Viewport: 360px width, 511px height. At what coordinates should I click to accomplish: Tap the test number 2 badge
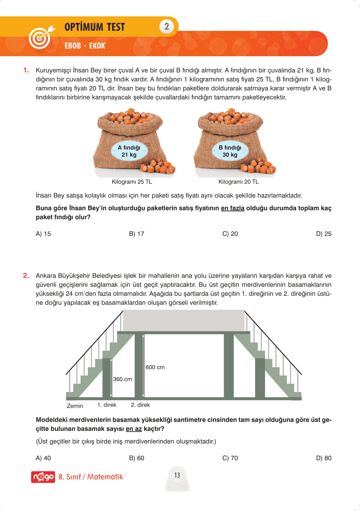(167, 27)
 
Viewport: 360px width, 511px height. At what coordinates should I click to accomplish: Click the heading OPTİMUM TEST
(95, 27)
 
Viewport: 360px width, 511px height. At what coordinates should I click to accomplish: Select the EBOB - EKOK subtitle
(85, 46)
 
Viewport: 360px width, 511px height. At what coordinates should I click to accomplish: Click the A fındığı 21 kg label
(129, 151)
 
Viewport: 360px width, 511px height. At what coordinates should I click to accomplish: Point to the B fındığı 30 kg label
(230, 151)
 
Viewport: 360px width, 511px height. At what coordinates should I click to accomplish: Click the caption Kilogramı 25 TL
(132, 182)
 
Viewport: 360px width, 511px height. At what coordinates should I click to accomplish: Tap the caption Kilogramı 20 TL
(238, 182)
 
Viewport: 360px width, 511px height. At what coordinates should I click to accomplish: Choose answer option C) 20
(230, 234)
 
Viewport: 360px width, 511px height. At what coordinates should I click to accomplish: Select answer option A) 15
(43, 234)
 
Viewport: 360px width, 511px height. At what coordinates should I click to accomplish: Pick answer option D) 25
(323, 234)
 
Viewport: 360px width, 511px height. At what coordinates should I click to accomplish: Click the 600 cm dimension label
(155, 367)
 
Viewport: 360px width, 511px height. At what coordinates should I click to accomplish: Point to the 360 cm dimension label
(123, 379)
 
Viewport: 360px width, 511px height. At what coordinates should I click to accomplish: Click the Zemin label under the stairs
(75, 406)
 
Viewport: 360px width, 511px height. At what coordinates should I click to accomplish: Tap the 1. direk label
(107, 405)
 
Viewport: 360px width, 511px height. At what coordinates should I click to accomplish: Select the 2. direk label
(140, 405)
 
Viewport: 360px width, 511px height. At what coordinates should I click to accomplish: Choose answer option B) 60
(137, 458)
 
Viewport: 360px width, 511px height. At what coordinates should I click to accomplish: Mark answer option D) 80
(323, 458)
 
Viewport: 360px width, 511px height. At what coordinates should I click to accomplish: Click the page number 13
(177, 475)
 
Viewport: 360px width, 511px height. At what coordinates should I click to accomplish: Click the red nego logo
(43, 477)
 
